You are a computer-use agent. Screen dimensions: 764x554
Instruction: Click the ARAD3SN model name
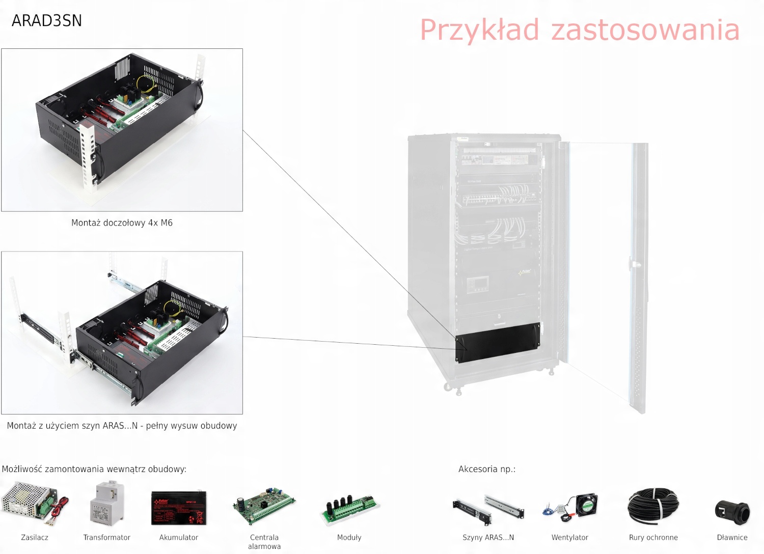click(x=46, y=20)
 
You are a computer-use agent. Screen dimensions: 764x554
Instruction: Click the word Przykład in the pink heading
click(x=479, y=30)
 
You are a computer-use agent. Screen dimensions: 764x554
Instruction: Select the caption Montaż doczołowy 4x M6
click(x=122, y=223)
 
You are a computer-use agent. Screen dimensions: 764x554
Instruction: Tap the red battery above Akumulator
click(x=179, y=507)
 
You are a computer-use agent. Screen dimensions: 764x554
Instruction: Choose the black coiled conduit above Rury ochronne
click(x=653, y=507)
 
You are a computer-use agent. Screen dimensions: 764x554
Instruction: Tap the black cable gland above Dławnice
click(x=732, y=511)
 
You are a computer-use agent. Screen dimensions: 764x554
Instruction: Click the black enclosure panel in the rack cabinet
click(x=498, y=342)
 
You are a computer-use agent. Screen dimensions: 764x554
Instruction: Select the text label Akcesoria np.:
click(x=487, y=469)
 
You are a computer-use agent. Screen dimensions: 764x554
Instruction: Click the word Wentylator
click(x=569, y=537)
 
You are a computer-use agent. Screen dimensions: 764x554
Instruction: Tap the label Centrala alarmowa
click(x=264, y=542)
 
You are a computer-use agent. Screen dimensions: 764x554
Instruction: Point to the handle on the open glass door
click(x=634, y=264)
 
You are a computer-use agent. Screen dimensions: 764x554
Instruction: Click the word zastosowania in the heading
click(x=645, y=30)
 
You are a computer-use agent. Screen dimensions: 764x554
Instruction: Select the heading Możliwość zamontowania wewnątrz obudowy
click(x=94, y=469)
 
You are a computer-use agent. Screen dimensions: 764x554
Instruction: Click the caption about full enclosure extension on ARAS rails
click(x=122, y=426)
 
